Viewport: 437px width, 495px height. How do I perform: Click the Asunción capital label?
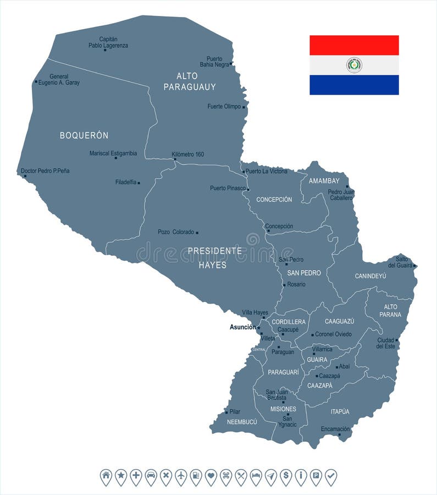tap(242, 327)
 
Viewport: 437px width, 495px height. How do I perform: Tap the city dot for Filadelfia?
tap(139, 183)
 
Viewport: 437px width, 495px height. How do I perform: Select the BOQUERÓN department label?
tap(84, 135)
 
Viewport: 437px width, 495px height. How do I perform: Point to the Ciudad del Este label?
tap(386, 343)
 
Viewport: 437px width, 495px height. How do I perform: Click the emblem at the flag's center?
tap(354, 65)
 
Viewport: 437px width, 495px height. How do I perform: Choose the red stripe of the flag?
tap(354, 45)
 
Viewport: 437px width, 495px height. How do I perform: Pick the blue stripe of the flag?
tap(354, 85)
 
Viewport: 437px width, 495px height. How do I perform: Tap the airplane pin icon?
tap(181, 476)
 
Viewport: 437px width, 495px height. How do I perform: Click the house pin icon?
tap(106, 476)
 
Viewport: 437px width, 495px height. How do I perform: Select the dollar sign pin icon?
tap(286, 476)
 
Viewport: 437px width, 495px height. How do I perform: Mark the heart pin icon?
tap(211, 476)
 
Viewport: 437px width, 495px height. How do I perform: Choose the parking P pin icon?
tap(316, 476)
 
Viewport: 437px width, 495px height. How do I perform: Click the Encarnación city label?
tap(335, 429)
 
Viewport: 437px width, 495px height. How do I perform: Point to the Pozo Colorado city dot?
tap(197, 233)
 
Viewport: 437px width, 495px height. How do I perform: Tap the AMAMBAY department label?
tap(324, 181)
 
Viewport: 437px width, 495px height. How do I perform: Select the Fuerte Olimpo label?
tap(224, 107)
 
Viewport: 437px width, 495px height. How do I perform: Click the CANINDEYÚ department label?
tap(370, 276)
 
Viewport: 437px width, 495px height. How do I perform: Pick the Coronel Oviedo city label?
tap(333, 334)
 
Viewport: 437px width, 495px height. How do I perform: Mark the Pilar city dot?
tap(226, 412)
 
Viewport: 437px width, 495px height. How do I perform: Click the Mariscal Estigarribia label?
tap(113, 153)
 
